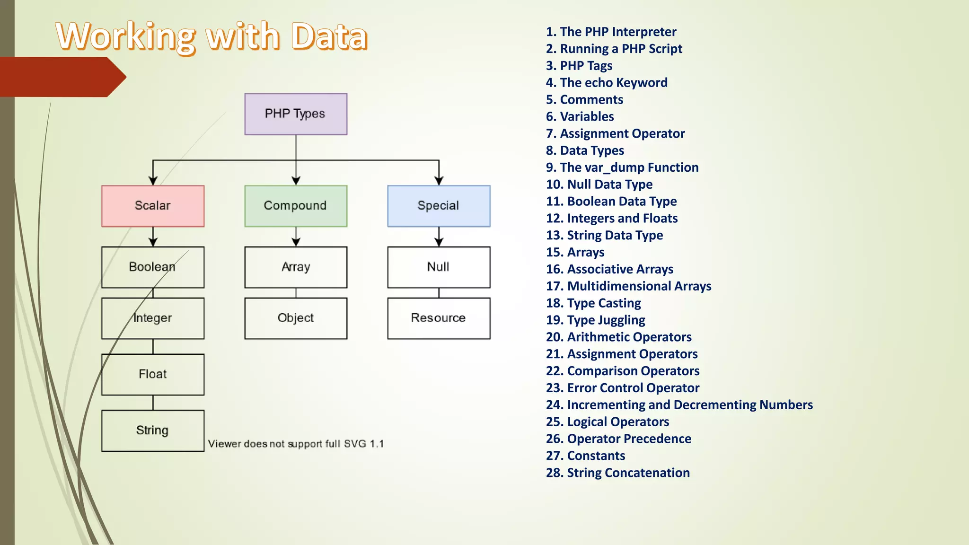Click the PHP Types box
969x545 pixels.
296,114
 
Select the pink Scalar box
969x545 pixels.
153,206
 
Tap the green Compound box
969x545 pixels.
296,206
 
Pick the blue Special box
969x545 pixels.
439,206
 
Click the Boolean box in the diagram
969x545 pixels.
153,267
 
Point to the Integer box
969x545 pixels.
153,318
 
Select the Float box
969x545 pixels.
153,374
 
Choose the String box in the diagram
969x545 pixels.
153,431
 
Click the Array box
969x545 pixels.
296,267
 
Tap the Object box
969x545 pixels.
296,318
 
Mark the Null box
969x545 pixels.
439,267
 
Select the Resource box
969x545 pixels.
439,318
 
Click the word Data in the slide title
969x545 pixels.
329,36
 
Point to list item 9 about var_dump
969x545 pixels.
622,167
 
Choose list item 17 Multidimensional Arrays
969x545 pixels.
628,286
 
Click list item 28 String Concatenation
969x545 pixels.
617,473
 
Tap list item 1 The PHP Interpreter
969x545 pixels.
611,32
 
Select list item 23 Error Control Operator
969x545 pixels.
622,388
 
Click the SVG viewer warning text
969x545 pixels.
296,444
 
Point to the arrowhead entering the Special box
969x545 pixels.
439,181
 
